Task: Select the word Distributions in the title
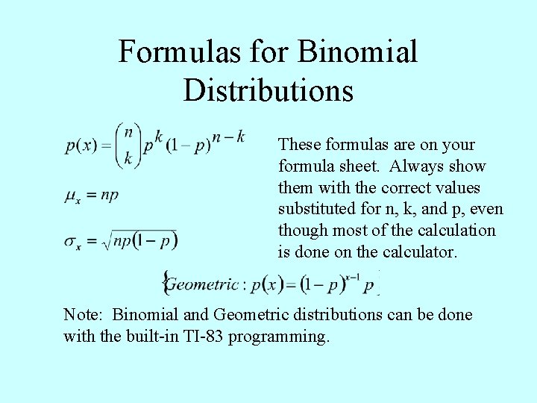tap(268, 90)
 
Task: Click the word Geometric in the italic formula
tap(201, 284)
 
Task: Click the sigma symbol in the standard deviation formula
tap(72, 242)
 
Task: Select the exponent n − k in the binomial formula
tap(227, 136)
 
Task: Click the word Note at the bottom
tap(83, 315)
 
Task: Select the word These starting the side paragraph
tap(299, 144)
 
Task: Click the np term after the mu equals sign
tap(109, 196)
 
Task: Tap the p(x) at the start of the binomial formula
tap(81, 146)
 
